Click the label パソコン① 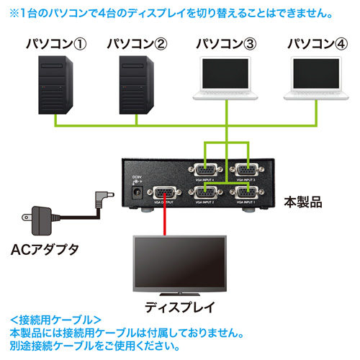point(56,42)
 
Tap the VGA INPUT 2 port point(205,194)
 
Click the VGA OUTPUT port point(165,194)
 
